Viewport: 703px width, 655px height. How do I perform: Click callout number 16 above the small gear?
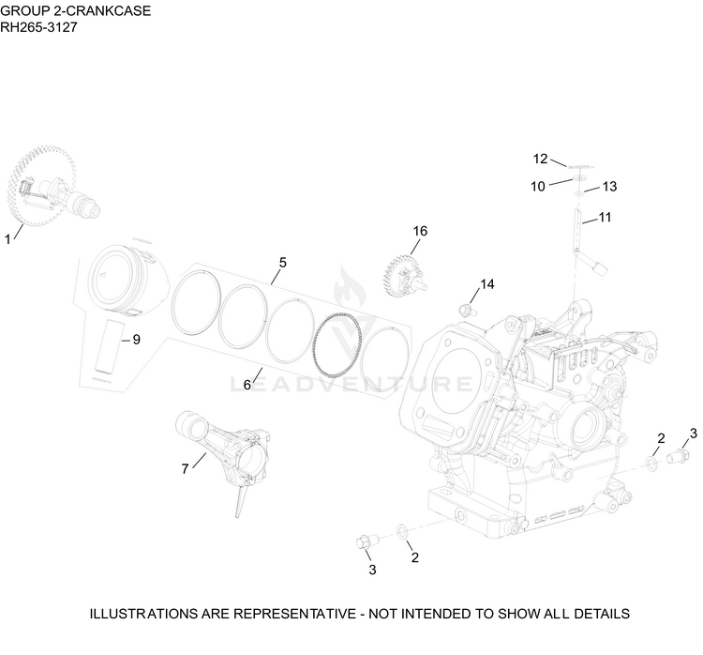pos(420,231)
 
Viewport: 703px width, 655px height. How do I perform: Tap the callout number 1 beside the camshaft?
pos(7,239)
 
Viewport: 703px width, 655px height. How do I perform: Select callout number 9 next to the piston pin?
pos(136,340)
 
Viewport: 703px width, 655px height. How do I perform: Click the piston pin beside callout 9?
pos(109,346)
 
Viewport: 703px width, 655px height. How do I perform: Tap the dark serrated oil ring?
pos(337,344)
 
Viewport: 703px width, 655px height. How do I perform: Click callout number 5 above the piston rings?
pos(282,262)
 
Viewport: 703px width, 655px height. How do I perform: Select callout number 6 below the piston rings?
pos(247,385)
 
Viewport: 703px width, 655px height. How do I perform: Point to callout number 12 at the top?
pos(540,159)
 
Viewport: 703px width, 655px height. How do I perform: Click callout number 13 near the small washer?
pos(610,187)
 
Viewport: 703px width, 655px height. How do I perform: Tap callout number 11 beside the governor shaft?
pos(606,218)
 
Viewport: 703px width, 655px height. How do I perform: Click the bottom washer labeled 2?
pos(402,532)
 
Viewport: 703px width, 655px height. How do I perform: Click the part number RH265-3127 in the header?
pos(38,27)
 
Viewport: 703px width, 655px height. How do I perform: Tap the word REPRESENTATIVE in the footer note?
pos(294,614)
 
